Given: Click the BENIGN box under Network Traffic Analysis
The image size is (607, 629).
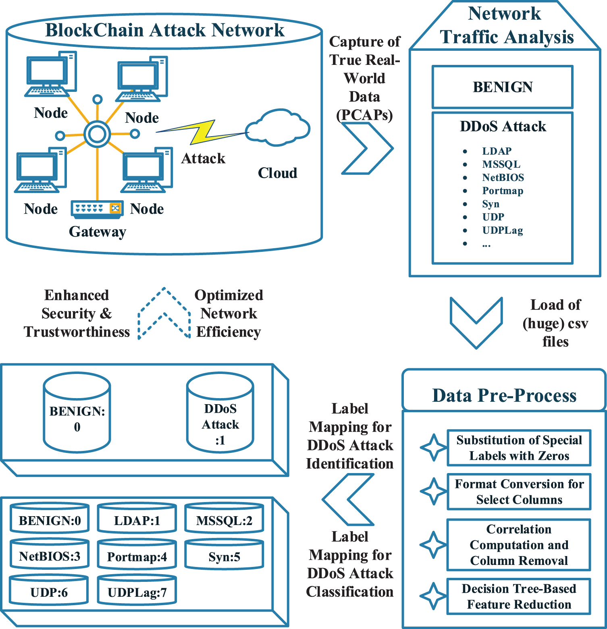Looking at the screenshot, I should pyautogui.click(x=502, y=87).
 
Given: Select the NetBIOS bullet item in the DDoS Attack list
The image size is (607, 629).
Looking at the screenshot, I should pyautogui.click(x=503, y=178).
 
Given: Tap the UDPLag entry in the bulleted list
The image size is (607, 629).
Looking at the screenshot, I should pyautogui.click(x=503, y=230).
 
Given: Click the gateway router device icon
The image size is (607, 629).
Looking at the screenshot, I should pyautogui.click(x=97, y=209).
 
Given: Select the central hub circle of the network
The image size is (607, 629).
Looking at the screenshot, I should pyautogui.click(x=97, y=134).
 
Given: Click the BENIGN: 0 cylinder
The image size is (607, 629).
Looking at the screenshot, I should pyautogui.click(x=77, y=413).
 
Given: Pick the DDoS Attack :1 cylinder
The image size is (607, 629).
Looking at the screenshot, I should pyautogui.click(x=220, y=413).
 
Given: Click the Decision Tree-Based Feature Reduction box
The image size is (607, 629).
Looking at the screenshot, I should pyautogui.click(x=519, y=597).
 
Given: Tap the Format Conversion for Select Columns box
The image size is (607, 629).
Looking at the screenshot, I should pyautogui.click(x=519, y=492).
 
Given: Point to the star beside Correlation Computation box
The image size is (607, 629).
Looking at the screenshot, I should pyautogui.click(x=433, y=545).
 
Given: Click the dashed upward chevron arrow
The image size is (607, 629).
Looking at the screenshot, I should pyautogui.click(x=164, y=312).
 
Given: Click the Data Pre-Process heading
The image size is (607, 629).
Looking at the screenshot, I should pyautogui.click(x=504, y=395).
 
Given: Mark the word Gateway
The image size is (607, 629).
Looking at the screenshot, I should pyautogui.click(x=98, y=232).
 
